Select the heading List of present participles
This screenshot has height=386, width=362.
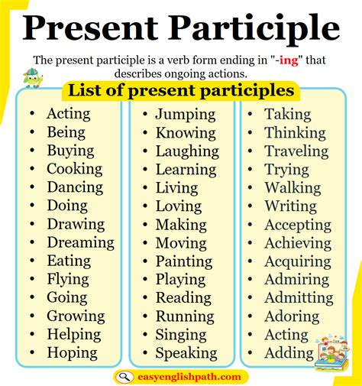pyautogui.click(x=181, y=91)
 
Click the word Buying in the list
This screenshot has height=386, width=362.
pyautogui.click(x=70, y=151)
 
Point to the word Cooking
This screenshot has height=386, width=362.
pyautogui.click(x=74, y=169)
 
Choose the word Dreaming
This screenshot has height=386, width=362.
pyautogui.click(x=80, y=242)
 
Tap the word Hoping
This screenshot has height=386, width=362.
pyautogui.click(x=72, y=352)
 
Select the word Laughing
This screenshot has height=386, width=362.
pyautogui.click(x=186, y=151)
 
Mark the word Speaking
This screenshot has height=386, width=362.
pyautogui.click(x=186, y=353)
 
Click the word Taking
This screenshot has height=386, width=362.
pyautogui.click(x=287, y=115)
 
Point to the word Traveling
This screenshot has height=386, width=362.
pyautogui.click(x=296, y=151)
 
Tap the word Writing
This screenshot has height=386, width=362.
pyautogui.click(x=290, y=206)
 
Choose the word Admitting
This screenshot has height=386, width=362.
pyautogui.click(x=299, y=297)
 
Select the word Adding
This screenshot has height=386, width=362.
pyautogui.click(x=289, y=353)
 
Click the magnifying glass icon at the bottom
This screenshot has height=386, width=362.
pyautogui.click(x=124, y=376)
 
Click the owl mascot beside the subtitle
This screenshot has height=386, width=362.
pyautogui.click(x=33, y=77)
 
